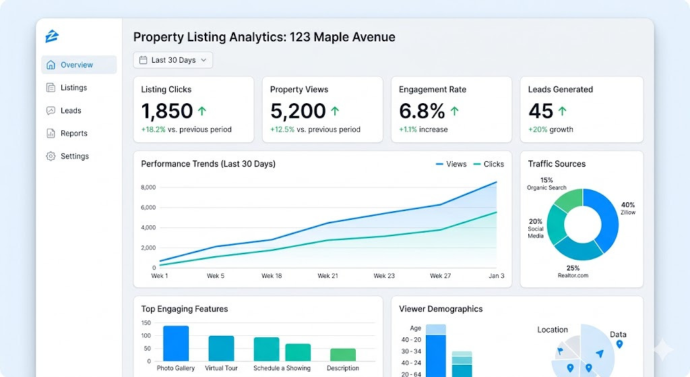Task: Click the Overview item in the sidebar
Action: click(x=77, y=65)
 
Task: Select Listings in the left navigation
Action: click(x=73, y=88)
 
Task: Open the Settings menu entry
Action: click(x=74, y=156)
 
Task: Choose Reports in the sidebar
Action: click(x=73, y=134)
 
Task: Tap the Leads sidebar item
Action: click(x=71, y=111)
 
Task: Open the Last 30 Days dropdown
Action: click(x=173, y=60)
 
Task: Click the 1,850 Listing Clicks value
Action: click(x=167, y=111)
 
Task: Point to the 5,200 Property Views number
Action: click(x=297, y=111)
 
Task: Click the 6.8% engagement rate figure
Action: click(x=422, y=111)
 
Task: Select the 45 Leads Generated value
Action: click(x=540, y=111)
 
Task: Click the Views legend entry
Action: click(x=451, y=164)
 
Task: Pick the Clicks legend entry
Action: click(x=489, y=164)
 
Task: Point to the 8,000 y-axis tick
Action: click(x=148, y=187)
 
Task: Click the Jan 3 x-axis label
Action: click(x=496, y=276)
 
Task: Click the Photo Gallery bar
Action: click(x=176, y=343)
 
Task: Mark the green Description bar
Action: click(x=343, y=355)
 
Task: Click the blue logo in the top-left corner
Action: click(x=52, y=36)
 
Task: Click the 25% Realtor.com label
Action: click(x=573, y=272)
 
